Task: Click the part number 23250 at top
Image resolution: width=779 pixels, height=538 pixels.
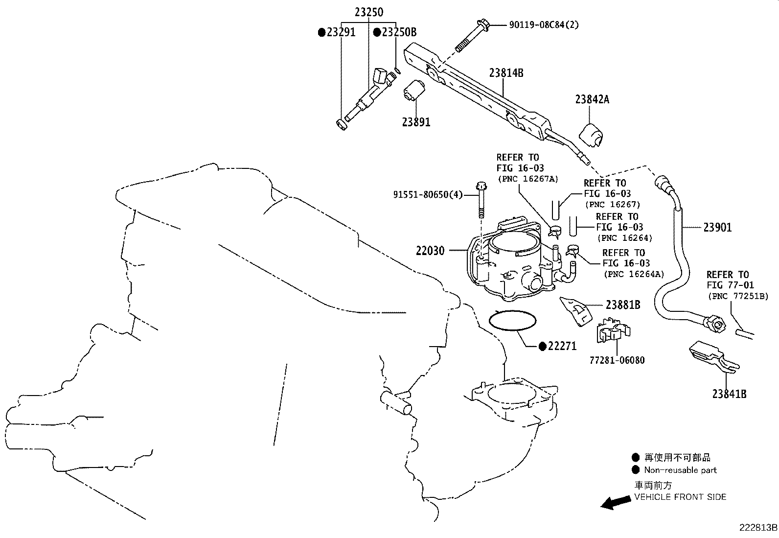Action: point(368,12)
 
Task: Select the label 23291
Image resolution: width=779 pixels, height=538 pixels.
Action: point(341,32)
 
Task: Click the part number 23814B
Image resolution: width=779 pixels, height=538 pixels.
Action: point(506,73)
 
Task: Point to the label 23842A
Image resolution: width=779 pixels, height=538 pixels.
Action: point(592,99)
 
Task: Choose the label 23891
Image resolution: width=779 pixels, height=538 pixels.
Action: point(416,122)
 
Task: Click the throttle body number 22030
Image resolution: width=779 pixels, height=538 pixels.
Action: point(430,251)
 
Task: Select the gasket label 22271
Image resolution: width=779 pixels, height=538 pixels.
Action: point(562,346)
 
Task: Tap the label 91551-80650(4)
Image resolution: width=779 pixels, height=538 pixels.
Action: point(428,194)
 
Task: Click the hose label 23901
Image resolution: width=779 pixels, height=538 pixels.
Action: point(717,227)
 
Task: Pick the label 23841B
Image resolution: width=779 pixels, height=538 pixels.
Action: point(729,394)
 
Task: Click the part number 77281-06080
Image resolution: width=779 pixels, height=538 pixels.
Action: point(617,360)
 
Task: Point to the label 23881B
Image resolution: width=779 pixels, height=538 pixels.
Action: point(622,304)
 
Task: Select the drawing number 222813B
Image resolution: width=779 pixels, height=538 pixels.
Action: point(758,528)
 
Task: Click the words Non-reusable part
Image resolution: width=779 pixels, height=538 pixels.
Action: point(680,470)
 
